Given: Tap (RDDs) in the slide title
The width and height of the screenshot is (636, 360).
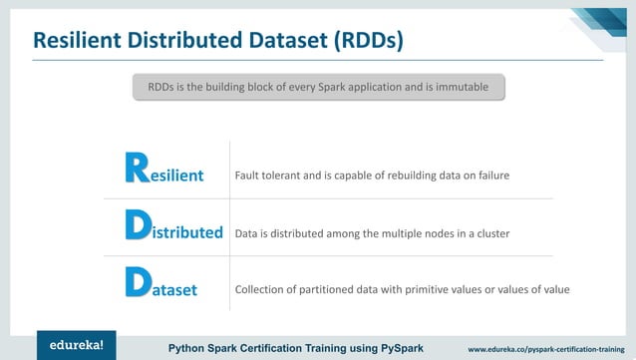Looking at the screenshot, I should coord(360,42).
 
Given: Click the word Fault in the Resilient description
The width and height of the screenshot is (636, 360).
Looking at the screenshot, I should coord(245,176).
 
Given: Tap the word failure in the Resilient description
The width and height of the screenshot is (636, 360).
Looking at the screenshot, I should coord(490,176).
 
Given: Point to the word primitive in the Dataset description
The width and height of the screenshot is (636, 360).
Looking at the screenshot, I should coord(421,290).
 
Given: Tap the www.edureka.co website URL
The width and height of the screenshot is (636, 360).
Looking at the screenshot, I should coord(550,348).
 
